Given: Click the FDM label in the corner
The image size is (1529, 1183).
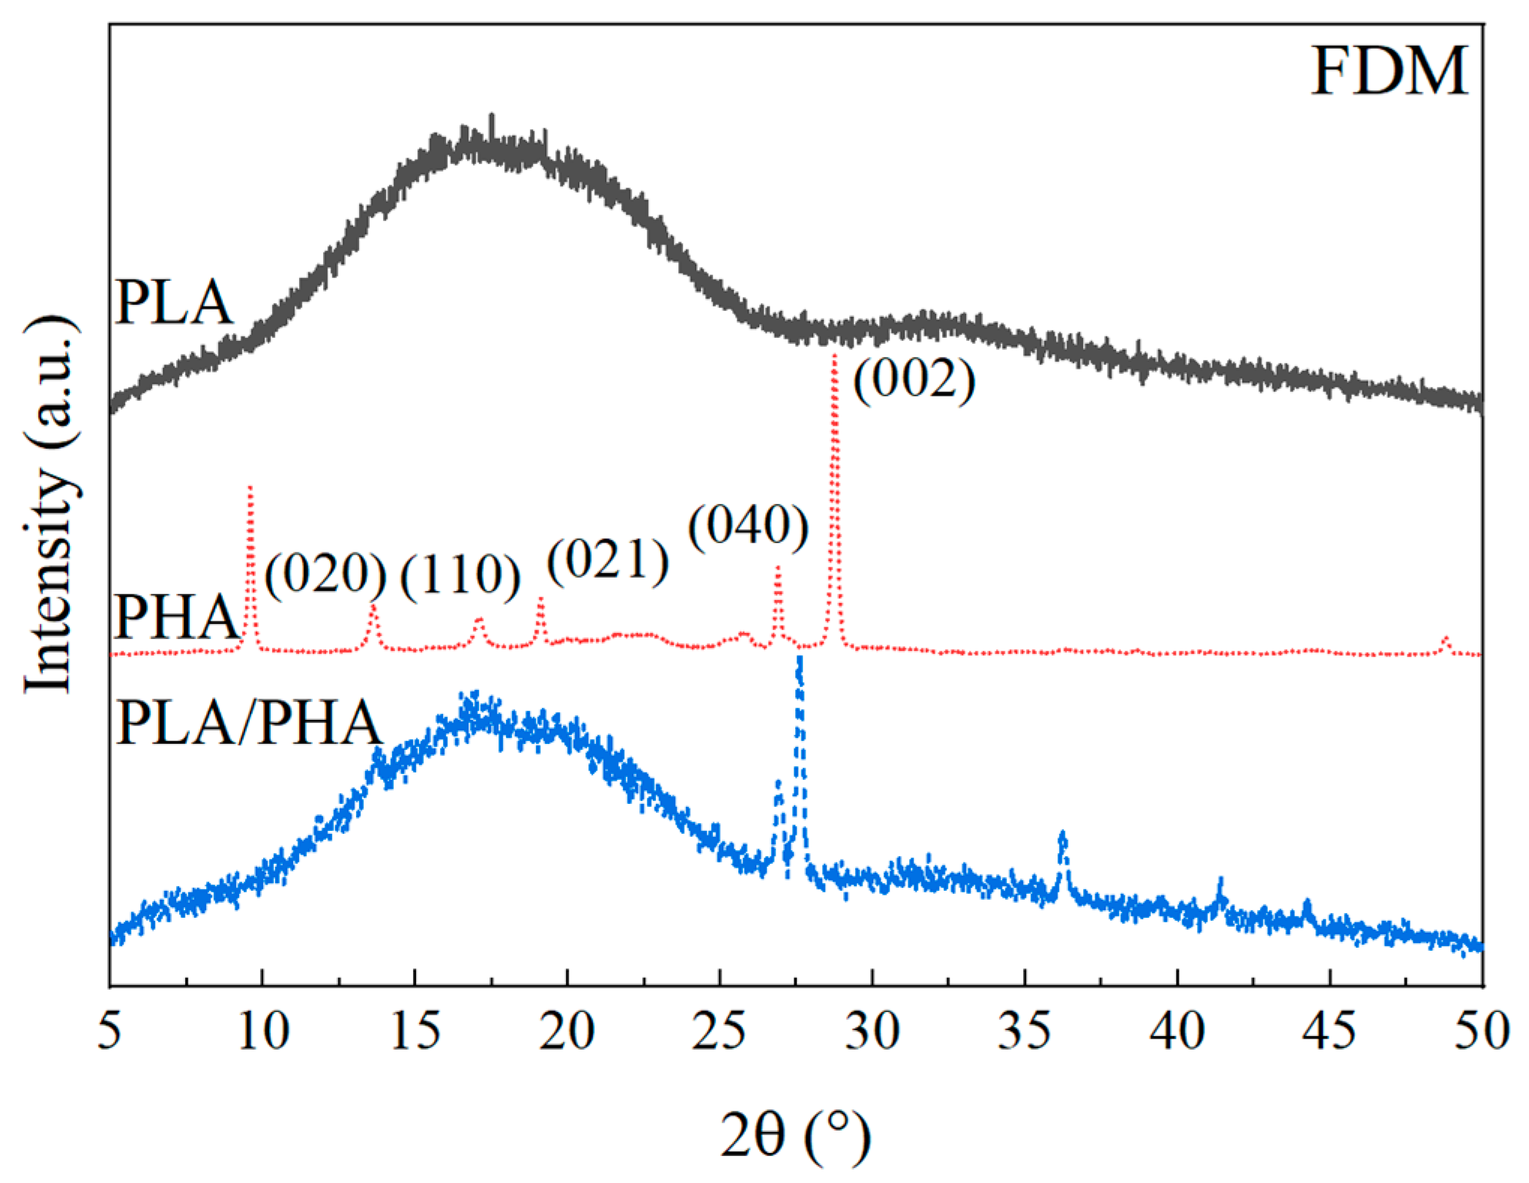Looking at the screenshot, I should [1389, 72].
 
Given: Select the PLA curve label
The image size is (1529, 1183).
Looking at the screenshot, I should [174, 303].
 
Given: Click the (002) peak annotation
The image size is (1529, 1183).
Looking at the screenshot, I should [914, 380].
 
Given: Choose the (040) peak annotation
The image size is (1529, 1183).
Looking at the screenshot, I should [748, 526].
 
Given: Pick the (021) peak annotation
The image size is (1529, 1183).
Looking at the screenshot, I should [607, 560].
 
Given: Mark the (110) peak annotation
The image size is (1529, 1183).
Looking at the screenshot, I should [460, 575].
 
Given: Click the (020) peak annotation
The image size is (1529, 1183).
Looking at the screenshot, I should [325, 575].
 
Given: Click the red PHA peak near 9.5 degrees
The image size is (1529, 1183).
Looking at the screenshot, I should [250, 489].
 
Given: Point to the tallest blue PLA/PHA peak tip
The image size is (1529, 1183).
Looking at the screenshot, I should [800, 659].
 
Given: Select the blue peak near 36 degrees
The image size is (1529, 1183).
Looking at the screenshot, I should [1061, 835].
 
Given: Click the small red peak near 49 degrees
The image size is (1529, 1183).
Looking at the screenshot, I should [1446, 639].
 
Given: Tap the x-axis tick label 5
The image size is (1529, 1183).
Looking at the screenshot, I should [109, 1032].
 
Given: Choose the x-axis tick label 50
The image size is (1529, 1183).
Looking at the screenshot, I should [1481, 1032].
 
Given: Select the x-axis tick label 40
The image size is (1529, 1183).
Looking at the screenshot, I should [1177, 1032].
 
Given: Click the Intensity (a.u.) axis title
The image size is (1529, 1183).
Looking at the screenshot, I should [51, 506].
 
